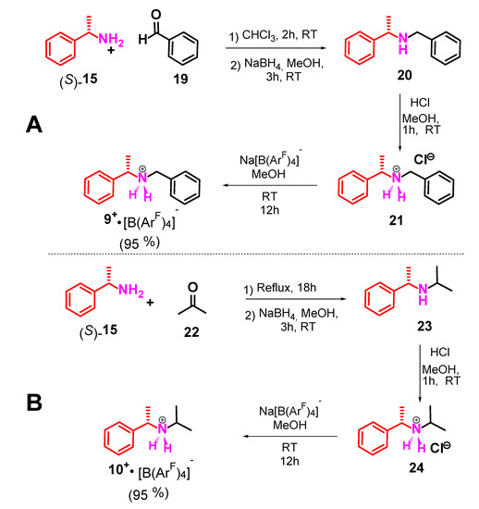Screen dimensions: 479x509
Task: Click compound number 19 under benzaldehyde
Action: pos(180,79)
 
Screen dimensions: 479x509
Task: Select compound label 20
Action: pos(404,75)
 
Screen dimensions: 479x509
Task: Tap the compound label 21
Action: pos(396,220)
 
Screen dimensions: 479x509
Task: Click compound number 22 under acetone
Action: pos(191,332)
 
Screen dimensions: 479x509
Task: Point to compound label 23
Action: pos(424,326)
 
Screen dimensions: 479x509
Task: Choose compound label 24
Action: pos(416,467)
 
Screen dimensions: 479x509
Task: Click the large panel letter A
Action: pos(34,125)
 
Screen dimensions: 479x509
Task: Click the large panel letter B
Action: pos(34,403)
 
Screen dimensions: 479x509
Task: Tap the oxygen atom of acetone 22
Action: pos(192,287)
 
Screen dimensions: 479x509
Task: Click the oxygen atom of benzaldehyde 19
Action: pos(156,15)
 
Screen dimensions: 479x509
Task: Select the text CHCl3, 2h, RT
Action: pos(279,35)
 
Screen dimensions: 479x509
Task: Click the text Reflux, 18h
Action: pos(287,288)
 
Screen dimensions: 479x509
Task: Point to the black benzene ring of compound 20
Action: pos(446,47)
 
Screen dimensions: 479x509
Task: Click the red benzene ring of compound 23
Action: pos(380,299)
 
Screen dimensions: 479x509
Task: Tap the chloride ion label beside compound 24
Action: pos(440,448)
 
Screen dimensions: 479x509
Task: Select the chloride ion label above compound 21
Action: pos(424,159)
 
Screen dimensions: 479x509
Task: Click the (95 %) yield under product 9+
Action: pos(140,242)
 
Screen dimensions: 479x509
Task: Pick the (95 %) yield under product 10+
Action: pos(149,494)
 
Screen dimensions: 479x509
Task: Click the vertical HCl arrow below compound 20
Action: pos(399,122)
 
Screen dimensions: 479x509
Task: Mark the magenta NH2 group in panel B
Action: pos(131,291)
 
